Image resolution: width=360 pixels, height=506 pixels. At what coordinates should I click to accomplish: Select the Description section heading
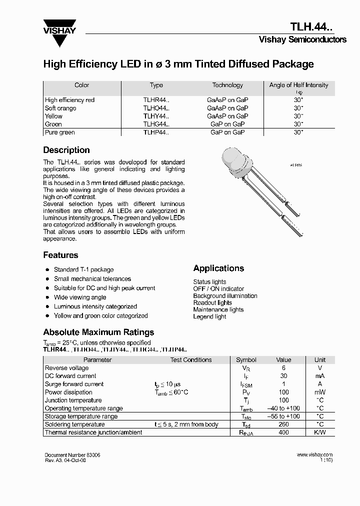coord(66,150)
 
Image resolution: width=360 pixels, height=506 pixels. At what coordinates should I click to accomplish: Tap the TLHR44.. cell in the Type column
coord(156,100)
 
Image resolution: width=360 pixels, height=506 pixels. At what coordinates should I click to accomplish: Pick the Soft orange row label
coord(60,108)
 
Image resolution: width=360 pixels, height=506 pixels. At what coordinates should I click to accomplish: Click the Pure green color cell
coord(60,132)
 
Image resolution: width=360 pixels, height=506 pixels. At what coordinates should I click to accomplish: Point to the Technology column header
coord(227,85)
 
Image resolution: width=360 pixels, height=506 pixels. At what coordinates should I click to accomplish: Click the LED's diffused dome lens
coord(234,161)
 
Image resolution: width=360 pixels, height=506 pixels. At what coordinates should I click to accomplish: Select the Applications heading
coord(218,268)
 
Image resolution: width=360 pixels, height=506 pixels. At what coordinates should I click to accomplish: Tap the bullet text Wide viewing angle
coord(80,297)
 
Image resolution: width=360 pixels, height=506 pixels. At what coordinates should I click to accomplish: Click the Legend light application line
coord(209,316)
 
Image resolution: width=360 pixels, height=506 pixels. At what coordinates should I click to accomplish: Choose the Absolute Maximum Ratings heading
coord(98,332)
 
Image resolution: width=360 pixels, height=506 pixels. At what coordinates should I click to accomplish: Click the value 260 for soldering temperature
coord(284,424)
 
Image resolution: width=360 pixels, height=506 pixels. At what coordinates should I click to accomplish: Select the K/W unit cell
coord(320,432)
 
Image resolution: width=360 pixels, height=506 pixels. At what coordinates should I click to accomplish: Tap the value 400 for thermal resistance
coord(284,432)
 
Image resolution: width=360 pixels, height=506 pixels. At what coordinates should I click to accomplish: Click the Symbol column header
coord(246,360)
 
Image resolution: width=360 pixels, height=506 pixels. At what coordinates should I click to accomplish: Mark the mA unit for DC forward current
coord(320,376)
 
